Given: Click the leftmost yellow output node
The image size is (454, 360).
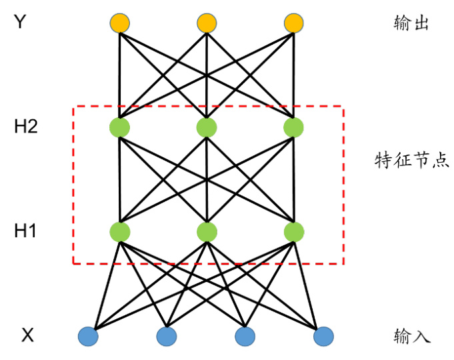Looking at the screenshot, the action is point(119,23).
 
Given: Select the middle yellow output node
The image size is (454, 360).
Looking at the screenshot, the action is point(207,23).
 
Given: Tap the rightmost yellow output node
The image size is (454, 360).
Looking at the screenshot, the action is point(293,23).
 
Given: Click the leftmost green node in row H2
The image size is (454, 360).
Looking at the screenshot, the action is point(119,127).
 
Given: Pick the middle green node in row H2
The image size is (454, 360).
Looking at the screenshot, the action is point(207,127).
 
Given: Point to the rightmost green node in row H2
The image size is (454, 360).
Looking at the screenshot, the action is point(293,127).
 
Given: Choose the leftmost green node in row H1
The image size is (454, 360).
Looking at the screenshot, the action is point(119,232).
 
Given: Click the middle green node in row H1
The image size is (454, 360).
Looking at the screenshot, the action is point(207,232).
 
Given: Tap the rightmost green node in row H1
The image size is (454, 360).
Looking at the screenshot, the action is point(294,232).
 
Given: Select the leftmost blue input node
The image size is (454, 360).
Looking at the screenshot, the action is point(88,337).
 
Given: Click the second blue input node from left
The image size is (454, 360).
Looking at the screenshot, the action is point(167,337).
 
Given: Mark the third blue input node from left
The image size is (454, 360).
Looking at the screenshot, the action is point(245,337).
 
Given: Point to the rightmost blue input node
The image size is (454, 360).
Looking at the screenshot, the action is point(323,337).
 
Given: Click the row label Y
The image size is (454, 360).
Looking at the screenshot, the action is point(20,22).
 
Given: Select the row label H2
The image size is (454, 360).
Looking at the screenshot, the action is point(26,126).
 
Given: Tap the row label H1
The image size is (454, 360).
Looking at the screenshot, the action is point(25,231).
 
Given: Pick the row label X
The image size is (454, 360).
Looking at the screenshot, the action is point(27,335).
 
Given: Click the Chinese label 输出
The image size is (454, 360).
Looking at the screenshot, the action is point(411,23).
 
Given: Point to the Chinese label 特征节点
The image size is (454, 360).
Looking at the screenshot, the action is point(412,160).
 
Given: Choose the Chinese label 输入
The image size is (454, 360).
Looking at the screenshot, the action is point(412,336).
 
